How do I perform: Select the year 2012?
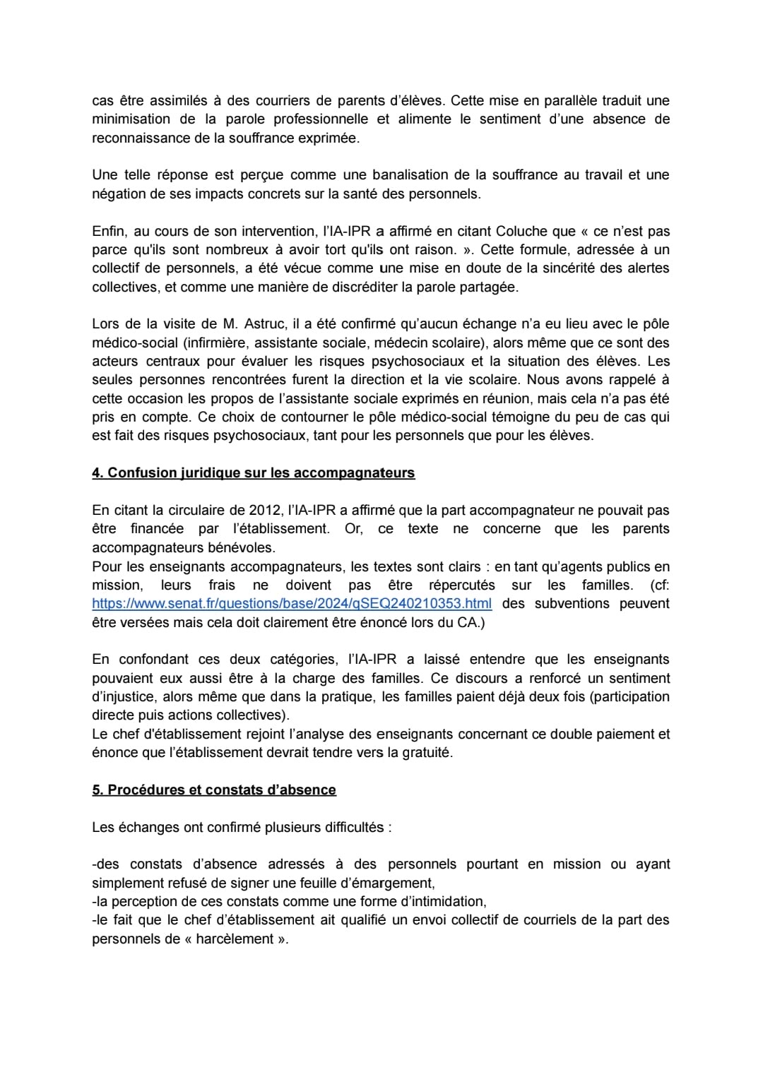tap(265, 510)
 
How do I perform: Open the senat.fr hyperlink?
tap(292, 604)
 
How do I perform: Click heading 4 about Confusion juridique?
tap(254, 473)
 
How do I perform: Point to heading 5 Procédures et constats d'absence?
tap(214, 790)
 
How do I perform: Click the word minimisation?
tap(131, 119)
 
